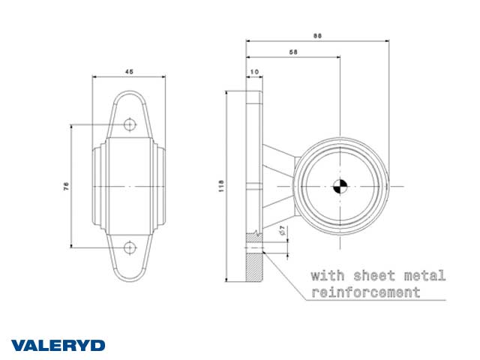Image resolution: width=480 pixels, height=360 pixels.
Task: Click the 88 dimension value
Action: pyautogui.click(x=317, y=35)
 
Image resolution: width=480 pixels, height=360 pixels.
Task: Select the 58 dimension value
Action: pyautogui.click(x=293, y=52)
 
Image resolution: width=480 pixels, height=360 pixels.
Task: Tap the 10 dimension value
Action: pyautogui.click(x=254, y=72)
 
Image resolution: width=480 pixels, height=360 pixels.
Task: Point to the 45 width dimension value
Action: pyautogui.click(x=129, y=72)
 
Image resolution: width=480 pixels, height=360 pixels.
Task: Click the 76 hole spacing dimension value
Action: pyautogui.click(x=66, y=186)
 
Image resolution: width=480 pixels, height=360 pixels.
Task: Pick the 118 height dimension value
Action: pyautogui.click(x=221, y=186)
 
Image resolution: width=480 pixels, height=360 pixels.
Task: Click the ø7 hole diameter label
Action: pyautogui.click(x=282, y=230)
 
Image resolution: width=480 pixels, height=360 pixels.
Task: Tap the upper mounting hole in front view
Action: pyautogui.click(x=130, y=124)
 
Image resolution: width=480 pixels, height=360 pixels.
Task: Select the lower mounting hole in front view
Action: pyautogui.click(x=130, y=247)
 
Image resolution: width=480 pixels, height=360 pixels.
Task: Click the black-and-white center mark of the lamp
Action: pyautogui.click(x=340, y=186)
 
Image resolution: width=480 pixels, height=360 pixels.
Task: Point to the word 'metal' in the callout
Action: pyautogui.click(x=424, y=276)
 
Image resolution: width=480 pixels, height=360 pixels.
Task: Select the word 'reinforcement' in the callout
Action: pyautogui.click(x=366, y=292)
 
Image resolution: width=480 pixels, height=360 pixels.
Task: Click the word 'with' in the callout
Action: pyautogui.click(x=328, y=275)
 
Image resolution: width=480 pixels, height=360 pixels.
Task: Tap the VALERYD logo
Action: pyautogui.click(x=58, y=346)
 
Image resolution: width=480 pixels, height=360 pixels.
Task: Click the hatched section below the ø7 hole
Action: pyautogui.click(x=254, y=267)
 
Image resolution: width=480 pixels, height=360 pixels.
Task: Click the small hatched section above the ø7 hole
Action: pyautogui.click(x=253, y=238)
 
